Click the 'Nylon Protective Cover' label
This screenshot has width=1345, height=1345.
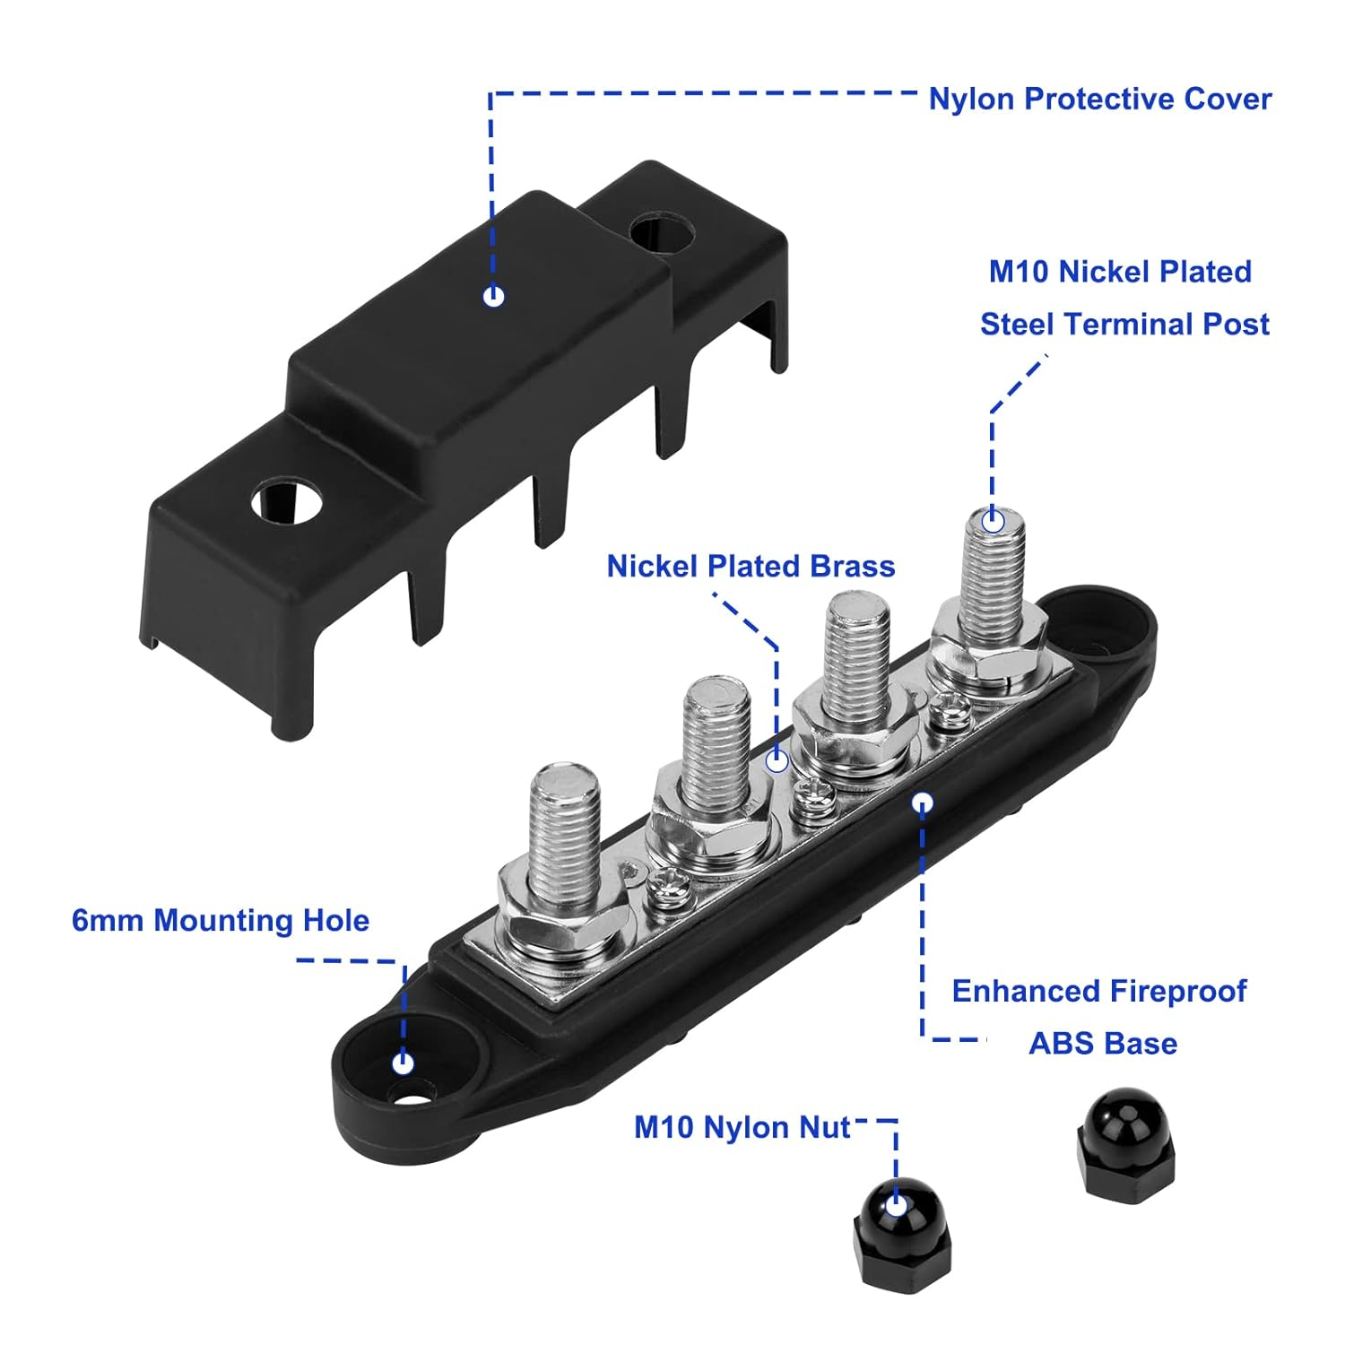click(x=1099, y=99)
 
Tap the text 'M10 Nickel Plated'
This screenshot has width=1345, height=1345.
click(x=1120, y=272)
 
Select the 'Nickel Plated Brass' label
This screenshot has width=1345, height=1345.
click(x=751, y=567)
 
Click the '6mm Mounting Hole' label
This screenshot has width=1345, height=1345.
click(x=221, y=921)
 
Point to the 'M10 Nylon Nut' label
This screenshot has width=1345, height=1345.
click(x=742, y=1127)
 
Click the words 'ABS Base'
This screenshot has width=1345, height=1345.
click(x=1103, y=1044)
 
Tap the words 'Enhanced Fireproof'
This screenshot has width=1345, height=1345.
click(x=1098, y=992)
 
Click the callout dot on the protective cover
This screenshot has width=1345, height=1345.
click(x=493, y=296)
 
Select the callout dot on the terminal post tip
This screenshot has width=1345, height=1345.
click(x=993, y=521)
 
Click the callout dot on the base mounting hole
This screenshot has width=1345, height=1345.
click(x=403, y=1063)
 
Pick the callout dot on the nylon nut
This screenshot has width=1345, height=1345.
click(x=896, y=1205)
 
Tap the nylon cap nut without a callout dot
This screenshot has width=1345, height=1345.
click(x=1125, y=1141)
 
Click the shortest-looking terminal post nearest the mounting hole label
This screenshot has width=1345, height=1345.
click(x=564, y=843)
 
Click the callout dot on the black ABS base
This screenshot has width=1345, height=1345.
click(x=923, y=803)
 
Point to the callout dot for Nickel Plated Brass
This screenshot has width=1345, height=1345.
click(x=777, y=761)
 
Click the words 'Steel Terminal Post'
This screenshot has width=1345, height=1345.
click(x=1124, y=325)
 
